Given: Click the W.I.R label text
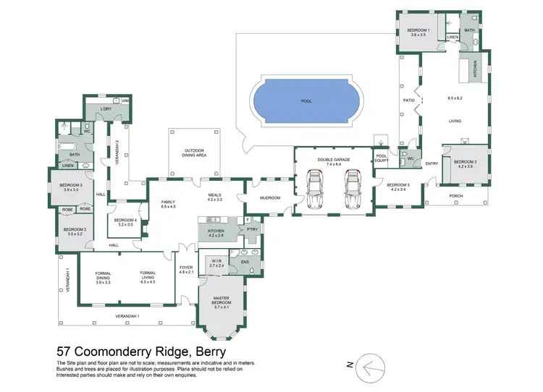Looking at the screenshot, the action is [x=216, y=262].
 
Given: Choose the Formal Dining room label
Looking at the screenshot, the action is [x=102, y=276].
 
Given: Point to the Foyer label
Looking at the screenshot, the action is [x=187, y=267].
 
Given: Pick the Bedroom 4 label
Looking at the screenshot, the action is [x=126, y=221].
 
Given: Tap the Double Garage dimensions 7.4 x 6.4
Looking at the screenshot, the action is [x=334, y=164].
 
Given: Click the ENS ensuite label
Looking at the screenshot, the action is [x=245, y=262].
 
